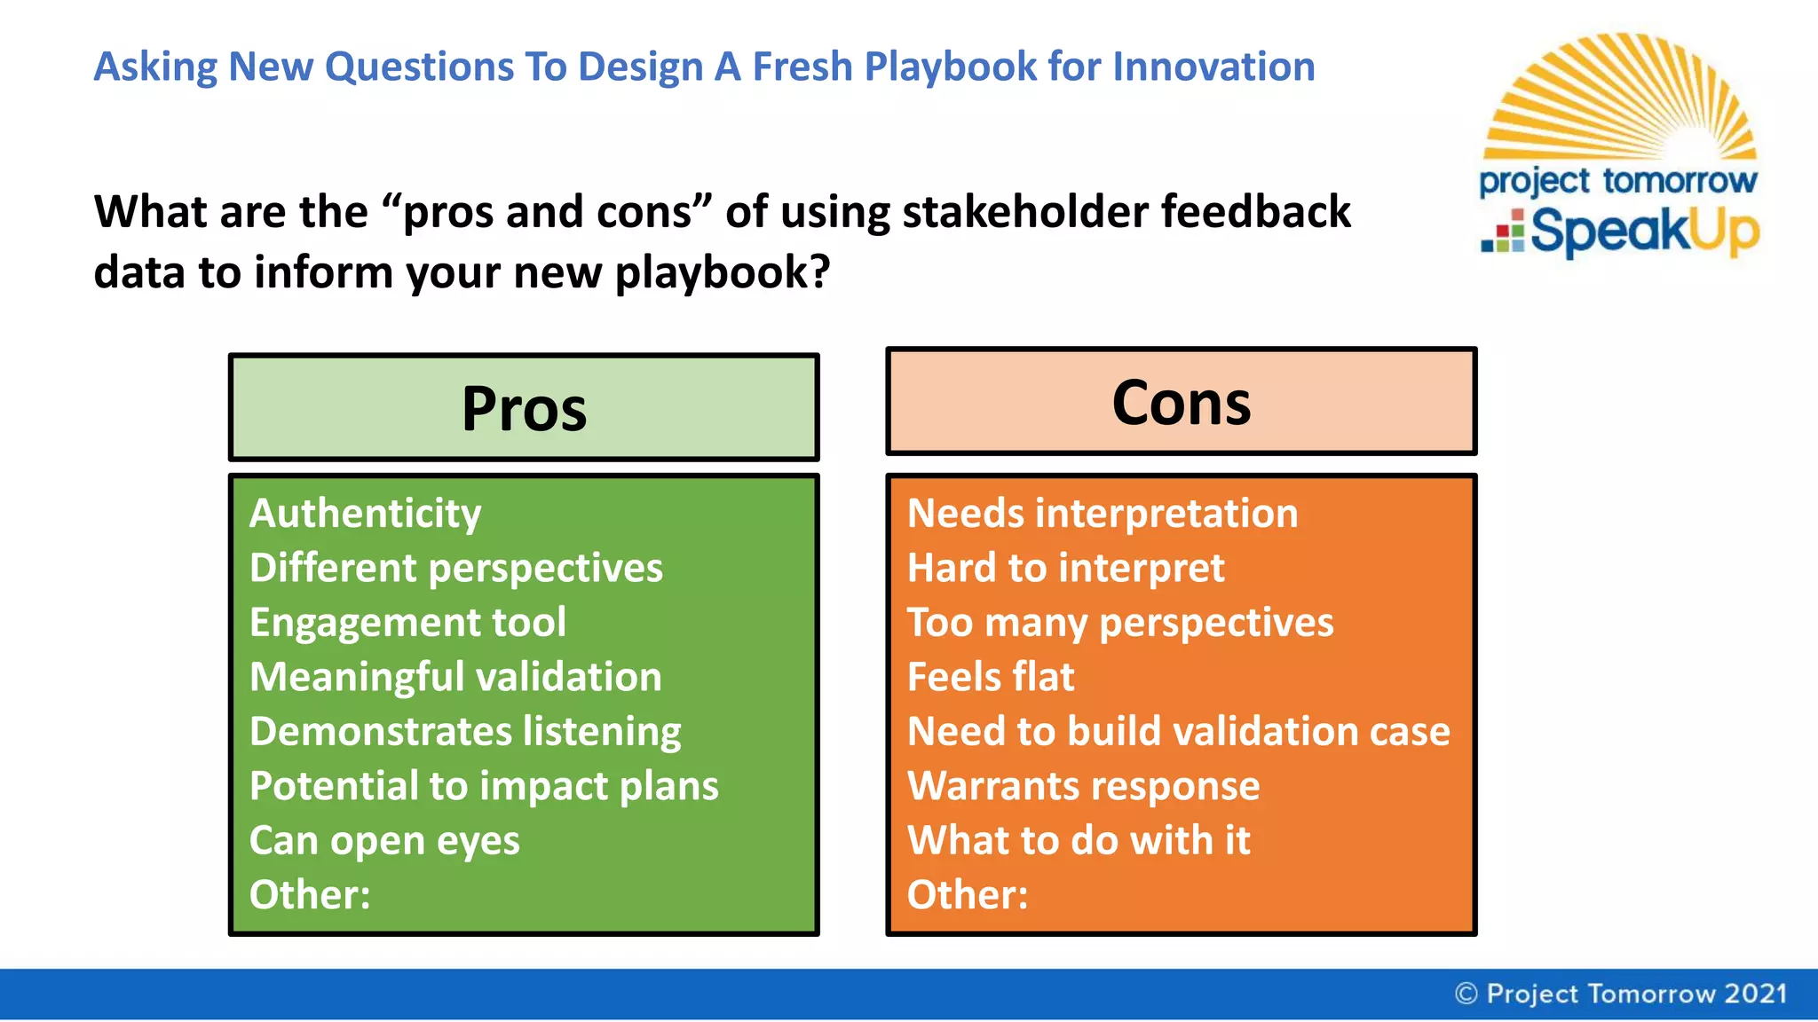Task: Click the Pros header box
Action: point(524,408)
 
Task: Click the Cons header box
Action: point(1181,402)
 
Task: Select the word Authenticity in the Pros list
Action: point(365,514)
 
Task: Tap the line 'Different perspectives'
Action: point(455,568)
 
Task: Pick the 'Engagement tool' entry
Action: point(407,622)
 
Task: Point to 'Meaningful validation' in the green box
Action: point(455,677)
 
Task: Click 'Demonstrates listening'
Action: point(465,732)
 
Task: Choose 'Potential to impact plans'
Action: point(484,786)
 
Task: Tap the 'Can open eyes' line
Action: point(384,841)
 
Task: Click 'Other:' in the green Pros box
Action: point(310,894)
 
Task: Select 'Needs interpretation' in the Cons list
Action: point(1103,514)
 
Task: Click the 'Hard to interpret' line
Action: point(1065,568)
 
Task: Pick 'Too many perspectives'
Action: point(1120,622)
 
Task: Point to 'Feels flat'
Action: point(991,677)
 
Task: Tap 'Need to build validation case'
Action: point(1179,732)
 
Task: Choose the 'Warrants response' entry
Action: point(1083,786)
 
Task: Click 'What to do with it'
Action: point(1079,840)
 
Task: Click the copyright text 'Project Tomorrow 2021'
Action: point(1622,994)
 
